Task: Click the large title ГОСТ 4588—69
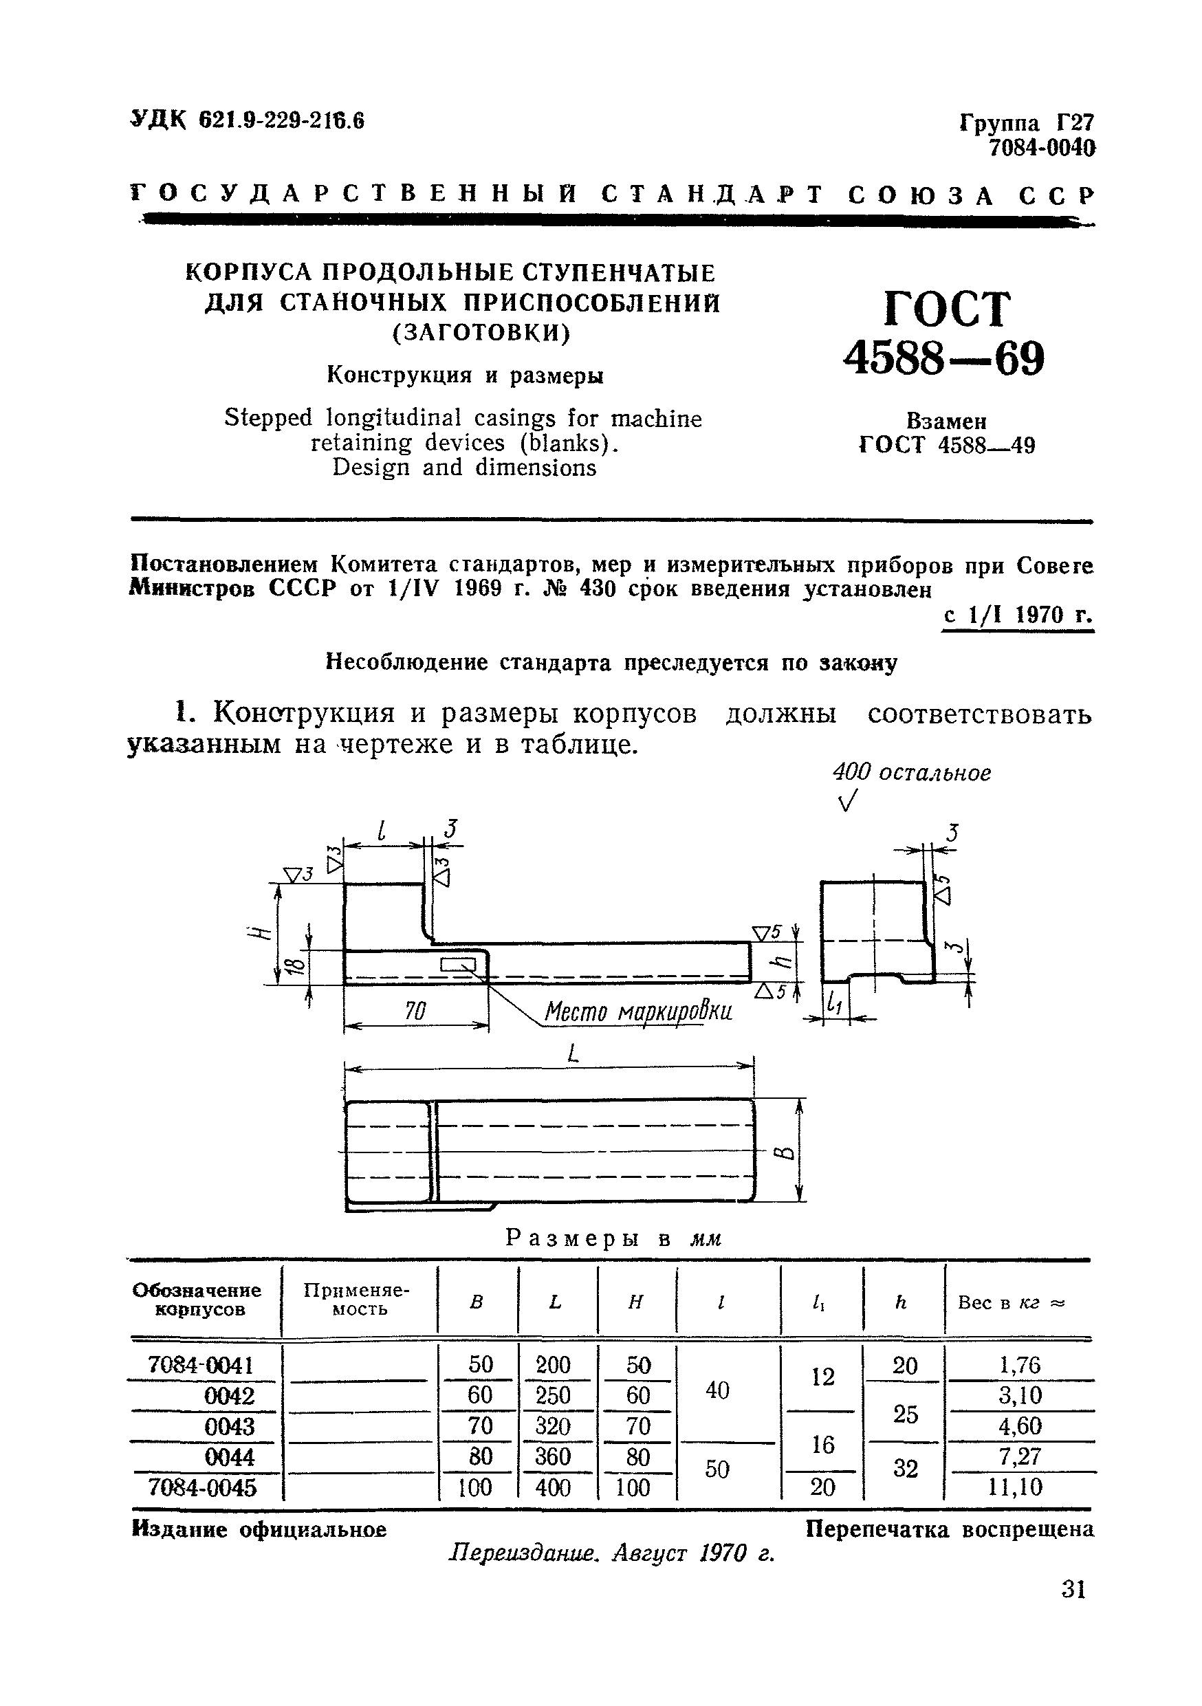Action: (943, 333)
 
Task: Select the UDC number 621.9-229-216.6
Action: (281, 120)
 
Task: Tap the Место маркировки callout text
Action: (638, 1011)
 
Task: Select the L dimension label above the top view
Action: (572, 1053)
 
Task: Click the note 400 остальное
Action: (912, 773)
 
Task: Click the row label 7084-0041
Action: (201, 1365)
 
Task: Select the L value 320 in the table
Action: (553, 1426)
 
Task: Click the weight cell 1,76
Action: (1020, 1365)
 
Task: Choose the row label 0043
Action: (229, 1426)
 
